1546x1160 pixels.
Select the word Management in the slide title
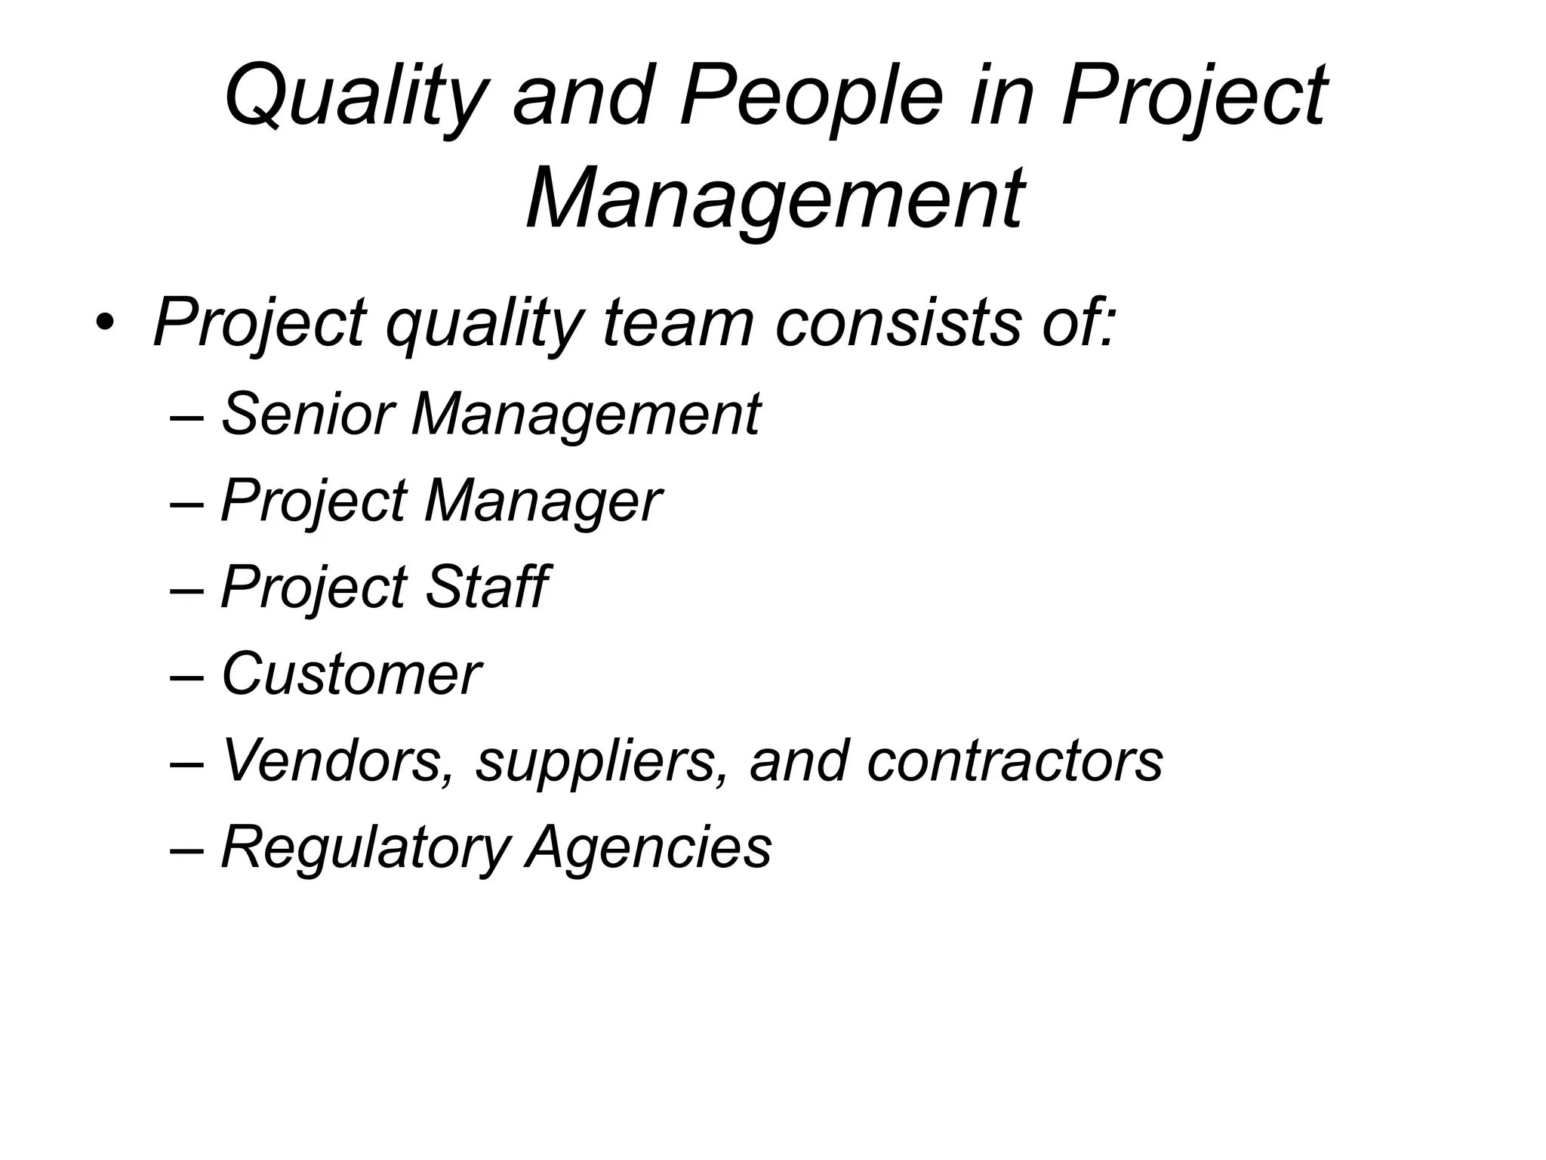tap(775, 199)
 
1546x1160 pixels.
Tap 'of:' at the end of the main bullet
tap(1075, 323)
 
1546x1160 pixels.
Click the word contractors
tap(1014, 760)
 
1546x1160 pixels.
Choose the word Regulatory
tap(366, 847)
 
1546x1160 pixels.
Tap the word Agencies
tap(649, 847)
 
